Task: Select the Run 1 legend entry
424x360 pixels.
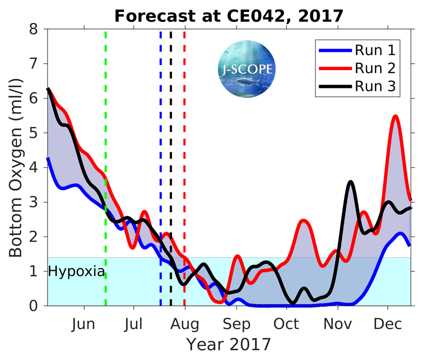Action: tap(375, 50)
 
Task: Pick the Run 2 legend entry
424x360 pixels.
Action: tap(375, 68)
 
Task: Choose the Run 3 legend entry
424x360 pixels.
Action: tap(375, 86)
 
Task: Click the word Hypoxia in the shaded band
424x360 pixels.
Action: tap(76, 271)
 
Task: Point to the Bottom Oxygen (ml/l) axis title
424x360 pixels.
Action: tap(16, 167)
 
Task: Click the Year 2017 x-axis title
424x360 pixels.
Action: tap(229, 344)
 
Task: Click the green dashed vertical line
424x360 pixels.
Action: tap(106, 169)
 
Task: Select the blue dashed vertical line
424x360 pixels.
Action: tap(161, 169)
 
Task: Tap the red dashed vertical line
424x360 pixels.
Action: tap(184, 169)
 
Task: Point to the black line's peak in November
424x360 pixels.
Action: tap(350, 182)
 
